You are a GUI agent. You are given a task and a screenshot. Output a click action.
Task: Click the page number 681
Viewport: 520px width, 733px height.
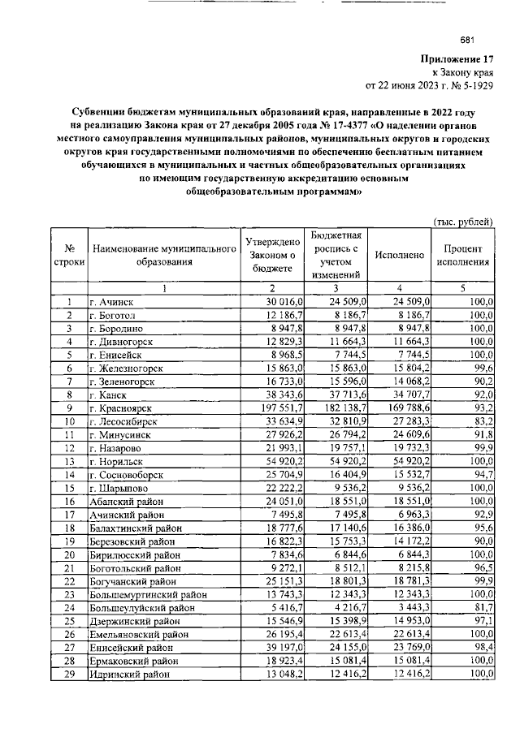coord(466,41)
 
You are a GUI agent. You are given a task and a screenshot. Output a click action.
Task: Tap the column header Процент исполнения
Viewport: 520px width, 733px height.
coord(463,255)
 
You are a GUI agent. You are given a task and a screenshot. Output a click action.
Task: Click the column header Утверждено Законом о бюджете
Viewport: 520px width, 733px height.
coord(273,255)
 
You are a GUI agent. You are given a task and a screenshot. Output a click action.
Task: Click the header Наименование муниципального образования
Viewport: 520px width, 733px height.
coord(163,255)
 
